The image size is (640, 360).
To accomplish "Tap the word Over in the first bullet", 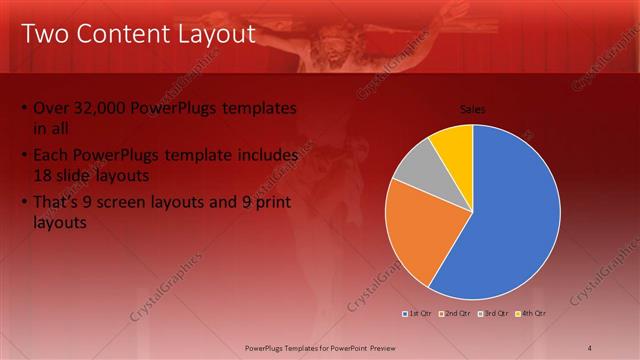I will [51, 108].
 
